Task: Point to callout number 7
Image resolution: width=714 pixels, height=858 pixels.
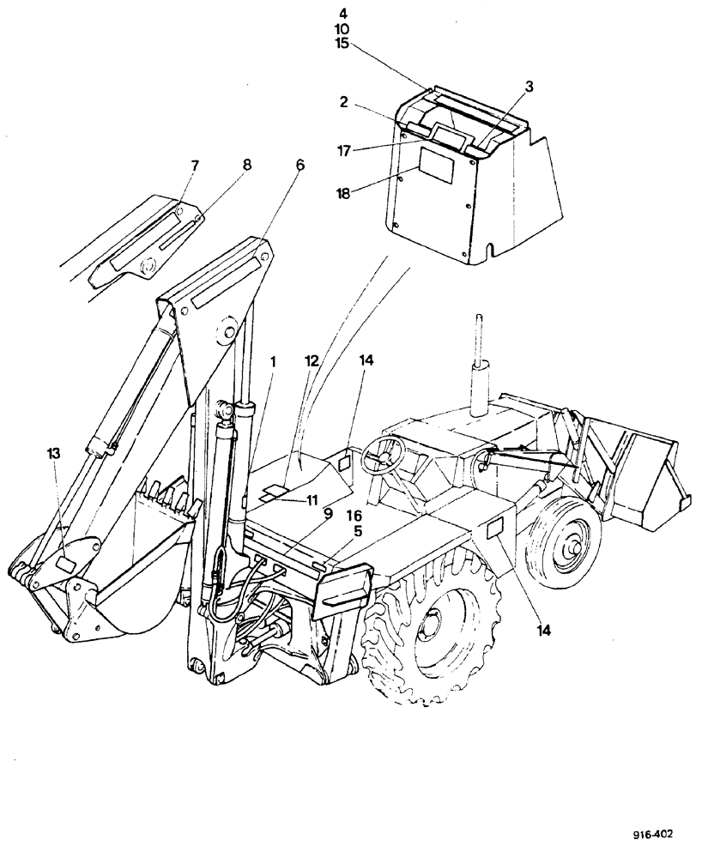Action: [x=194, y=164]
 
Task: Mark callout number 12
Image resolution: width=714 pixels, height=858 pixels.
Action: [x=312, y=364]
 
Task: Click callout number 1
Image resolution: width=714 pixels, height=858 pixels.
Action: [x=272, y=364]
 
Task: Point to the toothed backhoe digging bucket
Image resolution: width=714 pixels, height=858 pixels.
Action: [x=137, y=566]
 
